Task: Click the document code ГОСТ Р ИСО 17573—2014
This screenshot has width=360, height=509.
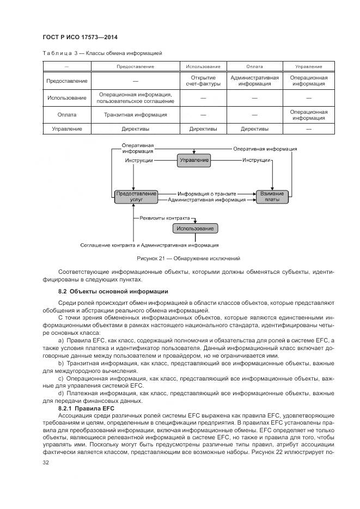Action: pos(80,37)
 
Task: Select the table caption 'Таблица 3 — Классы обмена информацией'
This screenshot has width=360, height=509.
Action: pos(102,53)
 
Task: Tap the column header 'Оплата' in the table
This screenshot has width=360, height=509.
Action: pos(254,66)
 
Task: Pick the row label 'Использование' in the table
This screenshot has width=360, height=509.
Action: pos(66,98)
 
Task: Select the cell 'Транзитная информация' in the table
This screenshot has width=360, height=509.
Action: pos(135,115)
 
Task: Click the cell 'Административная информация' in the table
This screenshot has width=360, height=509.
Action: pos(254,81)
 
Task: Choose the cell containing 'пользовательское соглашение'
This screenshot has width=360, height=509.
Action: pos(135,98)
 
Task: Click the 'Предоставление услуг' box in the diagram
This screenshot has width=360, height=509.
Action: pos(136,197)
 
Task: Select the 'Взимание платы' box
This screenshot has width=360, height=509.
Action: pos(272,197)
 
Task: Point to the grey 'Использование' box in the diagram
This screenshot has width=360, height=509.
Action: pos(195,229)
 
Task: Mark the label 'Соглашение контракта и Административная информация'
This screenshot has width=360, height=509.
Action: pos(149,245)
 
